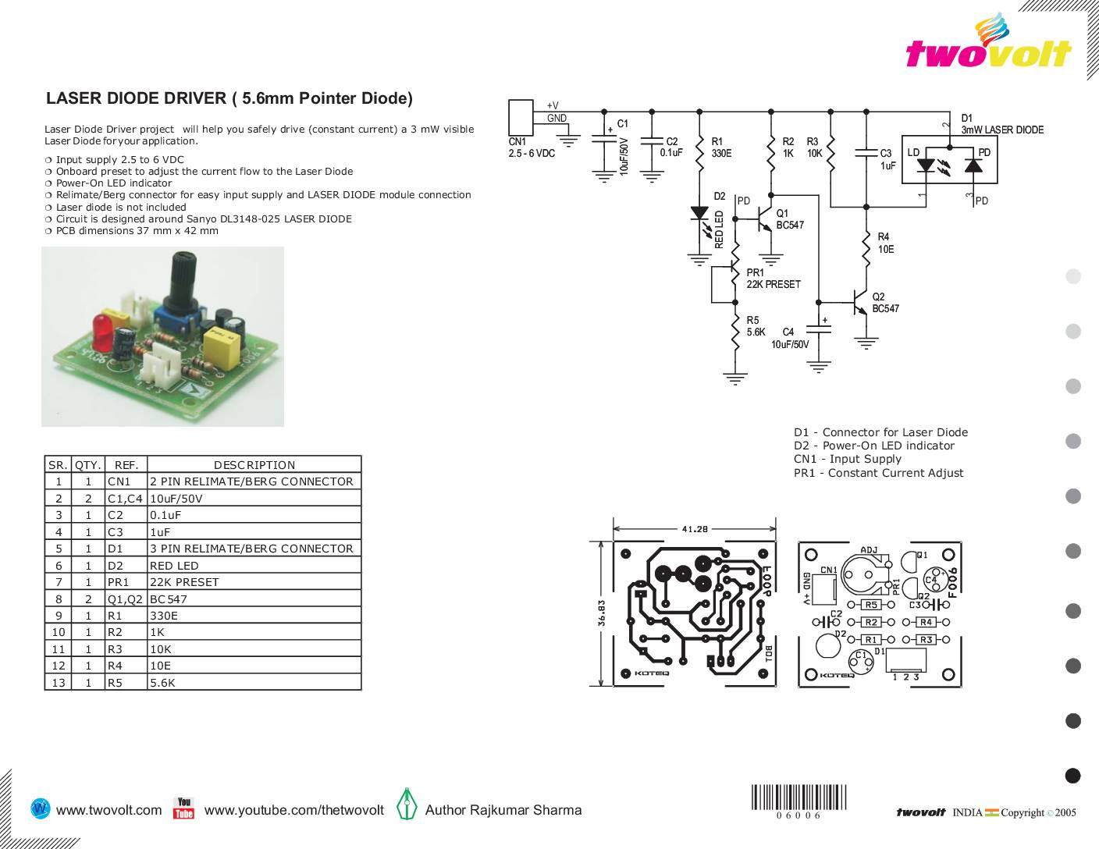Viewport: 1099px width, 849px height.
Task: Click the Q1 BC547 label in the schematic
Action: pyautogui.click(x=789, y=219)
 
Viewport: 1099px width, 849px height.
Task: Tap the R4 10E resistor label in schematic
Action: pyautogui.click(x=885, y=243)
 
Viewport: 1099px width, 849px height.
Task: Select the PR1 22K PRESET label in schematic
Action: pyautogui.click(x=773, y=279)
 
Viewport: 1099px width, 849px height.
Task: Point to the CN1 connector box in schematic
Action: pyautogui.click(x=521, y=117)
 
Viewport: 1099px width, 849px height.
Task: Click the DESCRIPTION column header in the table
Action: pyautogui.click(x=254, y=465)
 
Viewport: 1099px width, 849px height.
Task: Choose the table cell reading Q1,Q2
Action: pyautogui.click(x=125, y=599)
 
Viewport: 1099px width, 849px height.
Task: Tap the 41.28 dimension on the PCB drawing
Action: pyautogui.click(x=695, y=528)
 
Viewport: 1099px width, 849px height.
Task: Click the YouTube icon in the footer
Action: pyautogui.click(x=183, y=808)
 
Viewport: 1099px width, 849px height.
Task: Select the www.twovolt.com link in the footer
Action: pyautogui.click(x=109, y=810)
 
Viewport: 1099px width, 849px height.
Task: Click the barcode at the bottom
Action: pyautogui.click(x=798, y=798)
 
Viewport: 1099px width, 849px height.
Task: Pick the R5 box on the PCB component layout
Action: pyautogui.click(x=871, y=605)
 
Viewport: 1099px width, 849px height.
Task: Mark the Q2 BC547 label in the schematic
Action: pyautogui.click(x=885, y=303)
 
